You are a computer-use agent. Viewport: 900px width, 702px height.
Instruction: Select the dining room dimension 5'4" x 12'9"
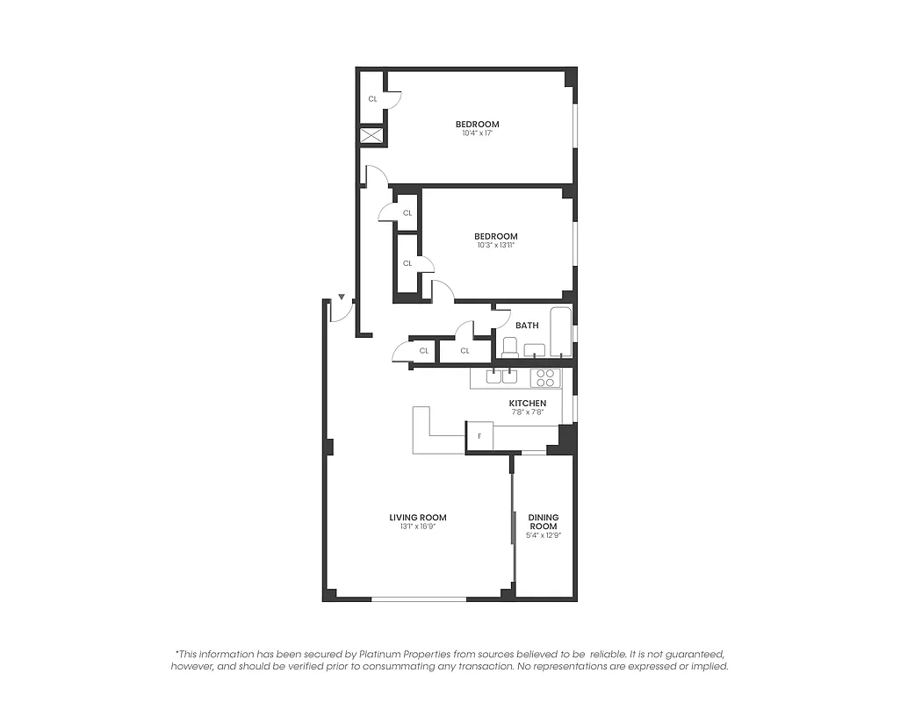pos(543,534)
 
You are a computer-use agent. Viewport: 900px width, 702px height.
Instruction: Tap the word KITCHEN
pos(528,403)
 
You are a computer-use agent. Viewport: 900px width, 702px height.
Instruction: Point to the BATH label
pos(527,326)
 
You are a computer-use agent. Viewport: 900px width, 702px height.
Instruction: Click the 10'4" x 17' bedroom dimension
pos(477,133)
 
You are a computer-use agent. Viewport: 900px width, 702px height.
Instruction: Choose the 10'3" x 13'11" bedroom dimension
pos(496,246)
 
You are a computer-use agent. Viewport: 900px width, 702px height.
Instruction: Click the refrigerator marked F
pos(479,436)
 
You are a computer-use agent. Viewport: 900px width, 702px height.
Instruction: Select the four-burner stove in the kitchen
pos(545,378)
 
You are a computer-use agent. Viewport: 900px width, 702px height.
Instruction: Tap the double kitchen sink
pos(501,378)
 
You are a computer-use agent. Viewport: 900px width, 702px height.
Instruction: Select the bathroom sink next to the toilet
pos(534,350)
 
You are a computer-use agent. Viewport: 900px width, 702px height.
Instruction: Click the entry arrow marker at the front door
pos(342,298)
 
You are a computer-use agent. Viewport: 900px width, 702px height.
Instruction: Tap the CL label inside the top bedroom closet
pos(372,99)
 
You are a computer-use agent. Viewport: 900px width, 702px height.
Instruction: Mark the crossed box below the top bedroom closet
pos(372,137)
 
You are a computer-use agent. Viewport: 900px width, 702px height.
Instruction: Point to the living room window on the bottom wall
pos(418,599)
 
